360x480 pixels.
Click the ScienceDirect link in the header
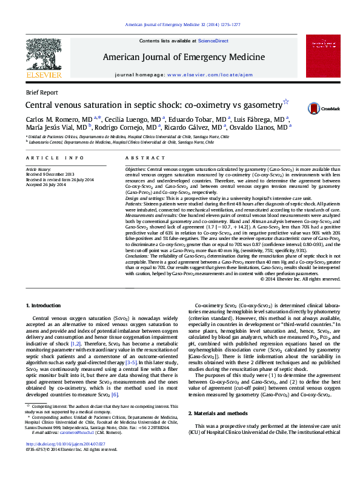coord(213,41)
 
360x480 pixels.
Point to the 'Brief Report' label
coord(42,93)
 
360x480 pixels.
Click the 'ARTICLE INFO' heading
coord(47,157)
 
